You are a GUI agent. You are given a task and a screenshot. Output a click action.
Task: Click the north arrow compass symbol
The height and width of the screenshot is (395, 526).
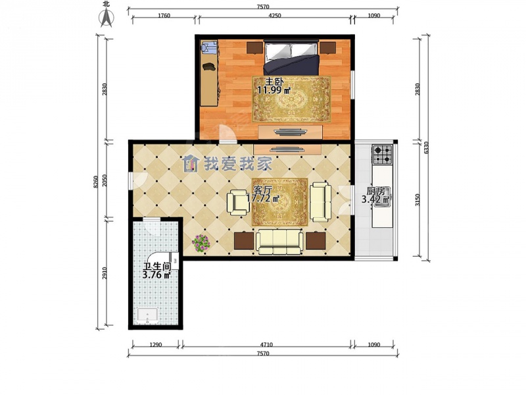tap(107, 17)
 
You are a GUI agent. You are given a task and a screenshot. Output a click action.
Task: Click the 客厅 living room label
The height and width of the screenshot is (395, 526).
tap(262, 190)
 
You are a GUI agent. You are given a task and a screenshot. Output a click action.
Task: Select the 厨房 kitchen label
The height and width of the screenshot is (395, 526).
tap(375, 192)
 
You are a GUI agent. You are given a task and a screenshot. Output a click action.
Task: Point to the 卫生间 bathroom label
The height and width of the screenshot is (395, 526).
tap(157, 267)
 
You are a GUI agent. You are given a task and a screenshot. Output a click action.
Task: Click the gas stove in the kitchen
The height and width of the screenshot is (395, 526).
tap(383, 154)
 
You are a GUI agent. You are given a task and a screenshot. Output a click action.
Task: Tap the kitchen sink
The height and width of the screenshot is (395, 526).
tap(381, 202)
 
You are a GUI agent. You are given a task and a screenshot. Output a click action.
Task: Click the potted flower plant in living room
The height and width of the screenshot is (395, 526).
tap(201, 243)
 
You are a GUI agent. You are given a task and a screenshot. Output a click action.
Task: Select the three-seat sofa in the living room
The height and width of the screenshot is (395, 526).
tap(279, 242)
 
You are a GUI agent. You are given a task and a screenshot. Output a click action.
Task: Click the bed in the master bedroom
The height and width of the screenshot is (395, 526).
tap(291, 58)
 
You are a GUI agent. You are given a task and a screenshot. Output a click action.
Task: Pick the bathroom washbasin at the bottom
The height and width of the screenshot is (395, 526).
tap(147, 316)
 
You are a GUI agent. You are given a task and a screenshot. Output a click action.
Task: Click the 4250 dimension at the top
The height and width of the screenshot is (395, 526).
tap(275, 15)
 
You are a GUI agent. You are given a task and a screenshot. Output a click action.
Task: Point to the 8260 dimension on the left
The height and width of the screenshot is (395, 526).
tap(96, 182)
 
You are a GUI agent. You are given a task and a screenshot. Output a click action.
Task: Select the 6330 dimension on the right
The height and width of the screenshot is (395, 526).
tap(426, 147)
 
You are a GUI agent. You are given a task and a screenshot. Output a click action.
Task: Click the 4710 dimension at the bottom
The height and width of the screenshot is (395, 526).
tap(266, 344)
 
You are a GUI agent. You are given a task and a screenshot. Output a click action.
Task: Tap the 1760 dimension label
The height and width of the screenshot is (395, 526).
tap(164, 15)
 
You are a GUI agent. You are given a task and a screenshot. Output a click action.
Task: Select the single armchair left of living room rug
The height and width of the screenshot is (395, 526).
tap(238, 202)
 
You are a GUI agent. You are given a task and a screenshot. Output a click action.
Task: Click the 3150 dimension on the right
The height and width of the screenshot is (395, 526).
tap(418, 200)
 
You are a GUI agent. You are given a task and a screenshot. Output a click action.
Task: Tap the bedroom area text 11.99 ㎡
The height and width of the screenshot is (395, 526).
tap(274, 90)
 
